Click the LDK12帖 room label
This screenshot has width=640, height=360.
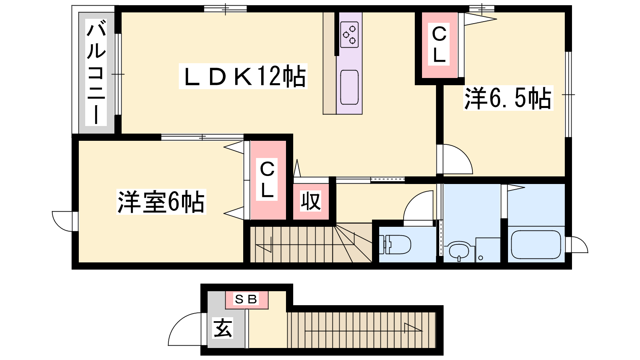click(x=243, y=76)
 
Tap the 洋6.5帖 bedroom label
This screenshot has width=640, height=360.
click(x=508, y=98)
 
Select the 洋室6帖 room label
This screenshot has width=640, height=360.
click(x=161, y=202)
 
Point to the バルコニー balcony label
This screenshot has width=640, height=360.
click(x=96, y=72)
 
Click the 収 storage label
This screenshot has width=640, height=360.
click(x=310, y=202)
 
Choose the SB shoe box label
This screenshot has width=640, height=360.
click(x=246, y=299)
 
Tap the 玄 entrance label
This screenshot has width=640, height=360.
click(x=223, y=328)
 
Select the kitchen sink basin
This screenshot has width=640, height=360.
click(x=350, y=87)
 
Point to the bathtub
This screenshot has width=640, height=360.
click(x=536, y=245)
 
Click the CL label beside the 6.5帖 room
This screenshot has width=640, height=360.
click(x=439, y=45)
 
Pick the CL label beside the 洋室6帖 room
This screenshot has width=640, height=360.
click(x=267, y=180)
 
